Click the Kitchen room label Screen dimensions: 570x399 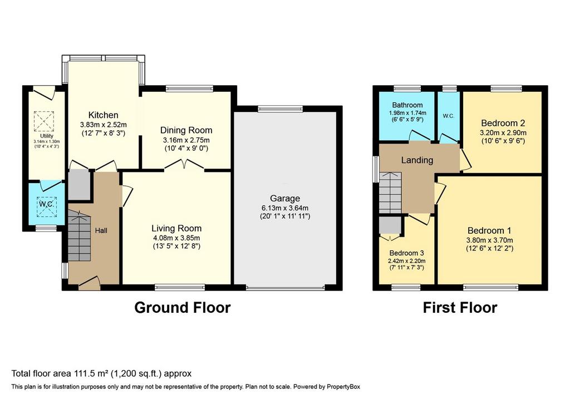tap(104, 115)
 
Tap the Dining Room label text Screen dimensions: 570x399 tap(186, 130)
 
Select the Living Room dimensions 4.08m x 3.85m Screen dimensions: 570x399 tap(176, 238)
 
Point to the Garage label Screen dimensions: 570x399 tap(285, 199)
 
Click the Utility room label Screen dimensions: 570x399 tap(47, 136)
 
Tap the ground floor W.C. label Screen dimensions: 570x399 tap(47, 204)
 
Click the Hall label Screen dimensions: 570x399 tap(101, 231)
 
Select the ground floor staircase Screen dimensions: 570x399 tap(79, 236)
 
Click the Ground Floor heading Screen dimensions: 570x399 tap(183, 307)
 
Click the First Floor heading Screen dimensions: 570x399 tap(460, 307)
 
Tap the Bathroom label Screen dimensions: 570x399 tap(407, 105)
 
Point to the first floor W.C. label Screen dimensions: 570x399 tap(449, 116)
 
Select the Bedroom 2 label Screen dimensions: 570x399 tap(503, 123)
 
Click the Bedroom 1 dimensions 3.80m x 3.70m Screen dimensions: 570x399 tap(490, 240)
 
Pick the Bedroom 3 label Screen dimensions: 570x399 tap(407, 253)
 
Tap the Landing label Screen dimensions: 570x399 tap(417, 160)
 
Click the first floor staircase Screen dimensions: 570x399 tap(391, 193)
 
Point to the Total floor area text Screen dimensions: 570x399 tap(101, 373)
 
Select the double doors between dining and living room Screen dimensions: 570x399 tap(184, 165)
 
